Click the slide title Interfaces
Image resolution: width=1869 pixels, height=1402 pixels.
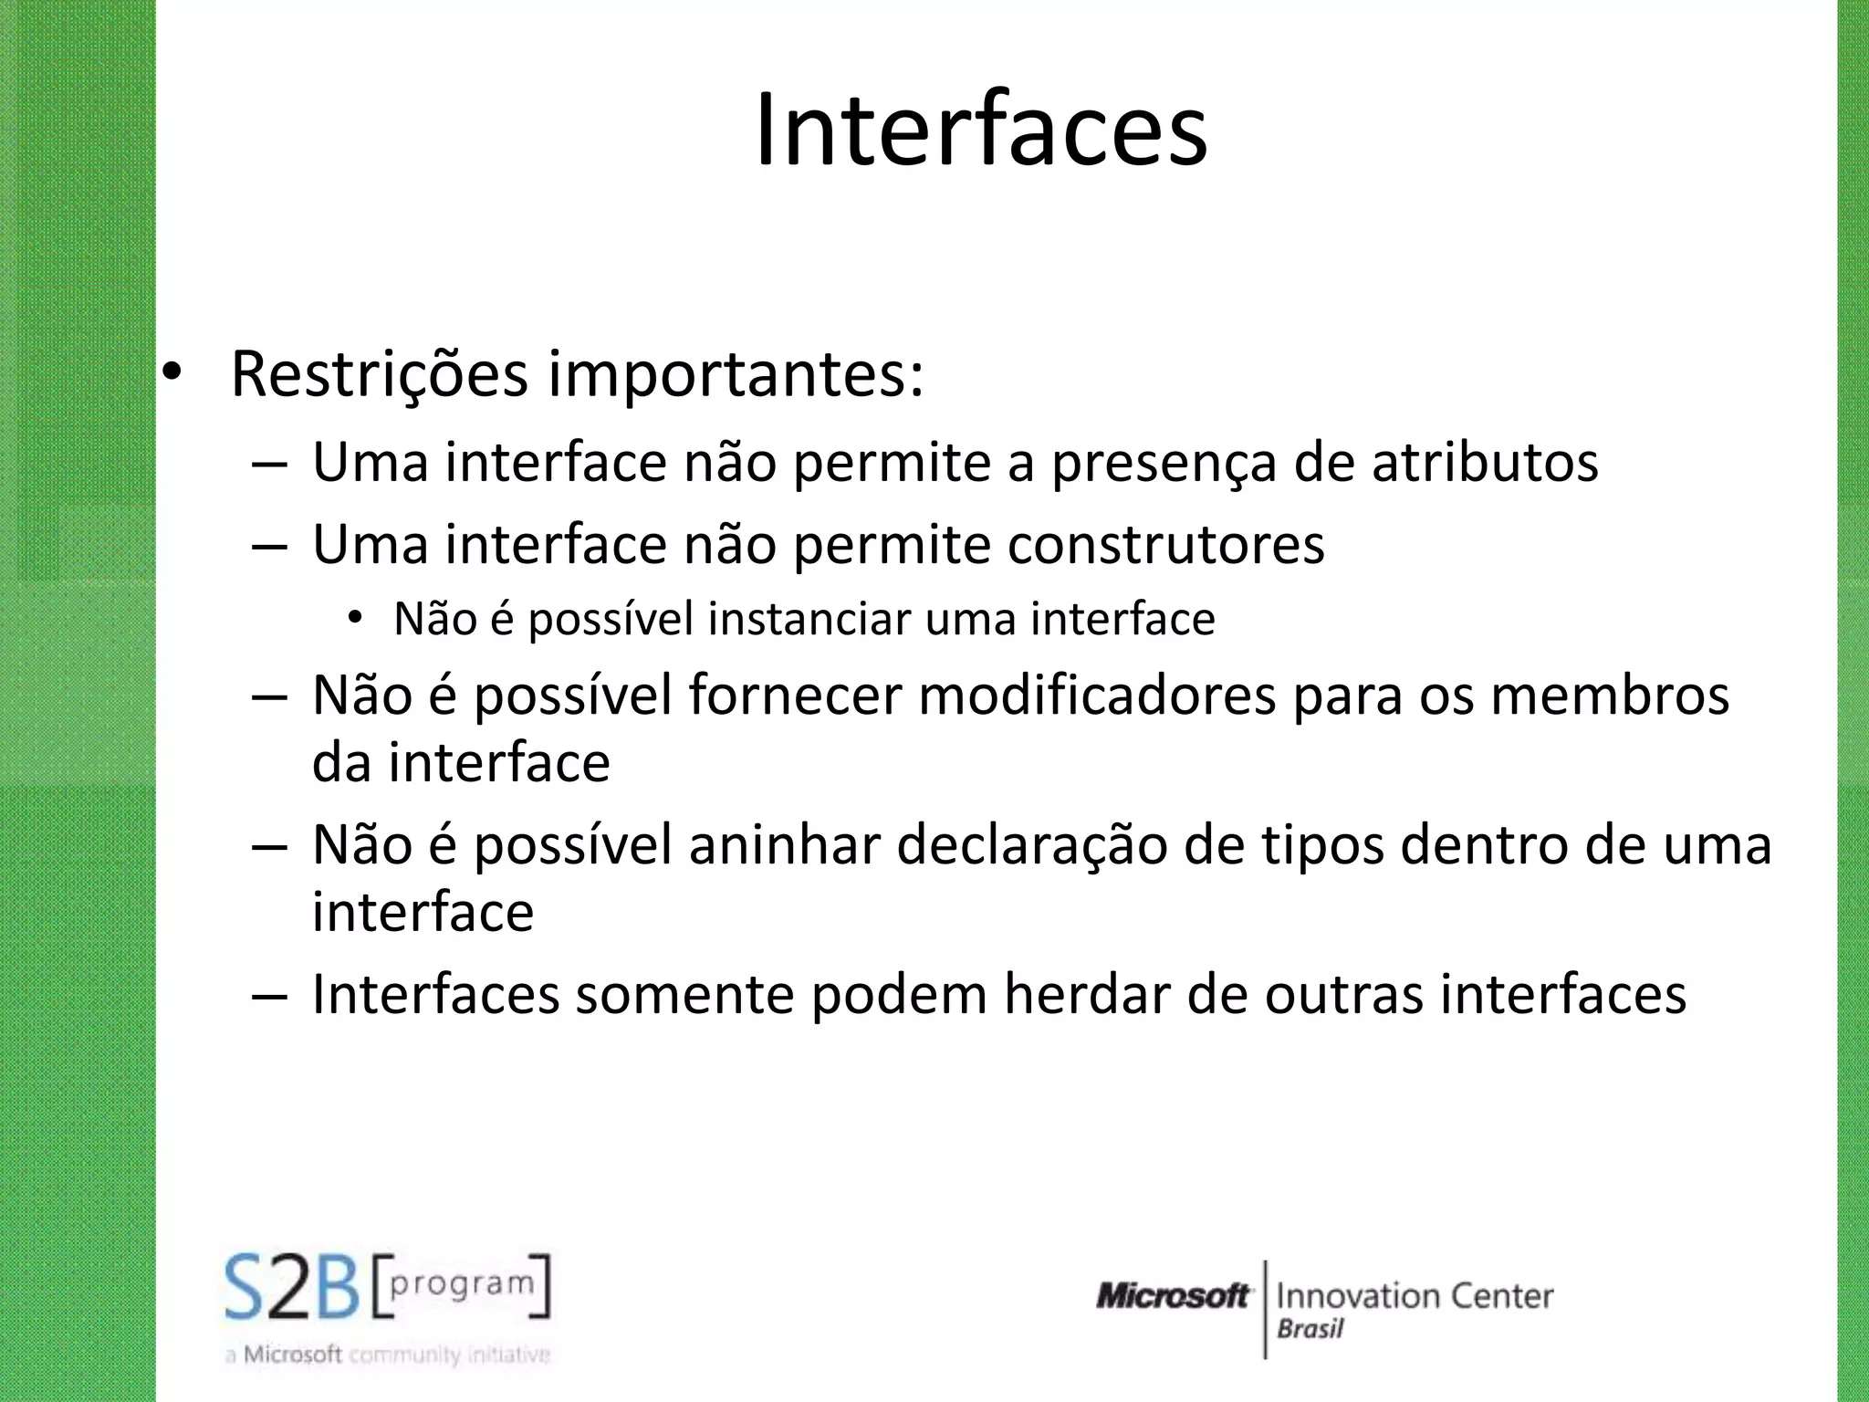pos(981,131)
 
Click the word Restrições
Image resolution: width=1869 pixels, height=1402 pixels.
pos(380,374)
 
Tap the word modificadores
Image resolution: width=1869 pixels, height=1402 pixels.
pos(1096,696)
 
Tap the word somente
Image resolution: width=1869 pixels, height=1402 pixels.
pos(684,995)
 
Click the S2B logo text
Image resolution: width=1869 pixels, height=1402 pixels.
pos(292,1288)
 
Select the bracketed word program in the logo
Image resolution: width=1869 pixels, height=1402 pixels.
pos(462,1283)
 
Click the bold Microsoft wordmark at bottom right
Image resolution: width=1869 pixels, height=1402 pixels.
pos(1173,1295)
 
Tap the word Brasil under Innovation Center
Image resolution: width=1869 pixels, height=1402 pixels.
pos(1310,1329)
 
